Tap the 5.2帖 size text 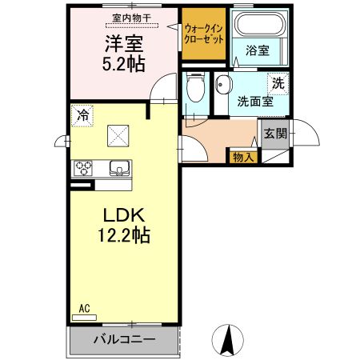pyautogui.click(x=122, y=65)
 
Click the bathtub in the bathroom pyautogui.click(x=258, y=26)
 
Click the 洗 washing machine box pyautogui.click(x=277, y=83)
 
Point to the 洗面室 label pyautogui.click(x=254, y=102)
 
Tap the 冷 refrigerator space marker pyautogui.click(x=82, y=115)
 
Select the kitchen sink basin pyautogui.click(x=120, y=168)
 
